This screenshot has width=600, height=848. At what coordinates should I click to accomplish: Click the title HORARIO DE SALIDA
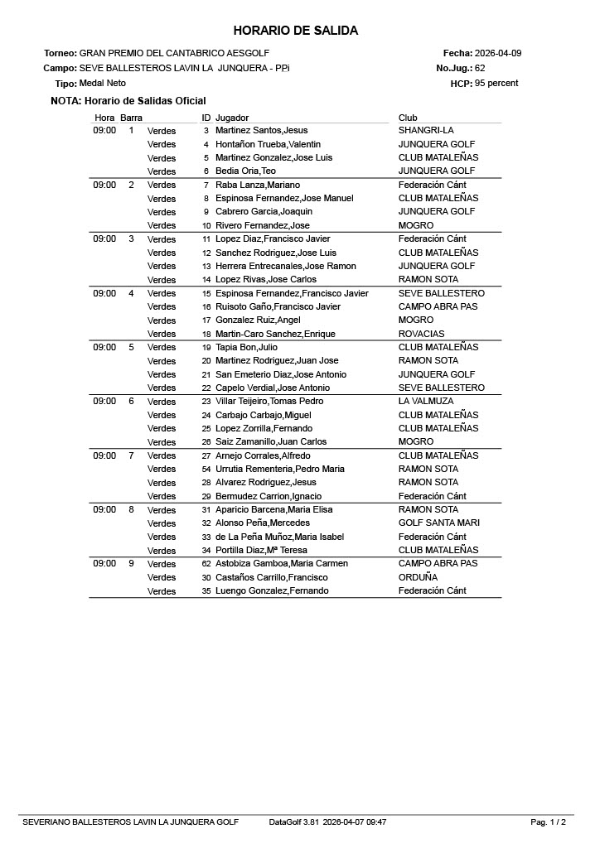295,31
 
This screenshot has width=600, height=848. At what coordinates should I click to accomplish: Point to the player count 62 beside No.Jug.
480,68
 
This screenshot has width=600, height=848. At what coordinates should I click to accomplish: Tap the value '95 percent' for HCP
496,83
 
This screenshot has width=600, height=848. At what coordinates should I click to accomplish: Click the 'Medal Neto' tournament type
97,84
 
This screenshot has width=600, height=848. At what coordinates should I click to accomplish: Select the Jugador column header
232,118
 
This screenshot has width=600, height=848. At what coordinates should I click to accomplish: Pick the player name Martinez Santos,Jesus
261,131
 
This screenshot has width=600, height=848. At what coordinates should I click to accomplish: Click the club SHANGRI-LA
426,131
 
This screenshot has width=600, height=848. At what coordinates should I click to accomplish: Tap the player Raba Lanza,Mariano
258,185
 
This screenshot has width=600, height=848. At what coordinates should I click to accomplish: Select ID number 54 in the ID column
206,470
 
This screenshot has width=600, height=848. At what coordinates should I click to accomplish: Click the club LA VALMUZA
426,402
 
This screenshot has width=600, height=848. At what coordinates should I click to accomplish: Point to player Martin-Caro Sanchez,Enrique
275,334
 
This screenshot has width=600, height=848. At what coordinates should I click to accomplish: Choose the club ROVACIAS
421,334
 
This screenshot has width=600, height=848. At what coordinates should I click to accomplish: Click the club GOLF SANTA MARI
439,523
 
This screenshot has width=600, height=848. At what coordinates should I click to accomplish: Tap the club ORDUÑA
418,577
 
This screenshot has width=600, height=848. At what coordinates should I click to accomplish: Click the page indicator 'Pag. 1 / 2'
549,822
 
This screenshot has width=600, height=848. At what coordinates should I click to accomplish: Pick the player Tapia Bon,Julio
246,348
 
